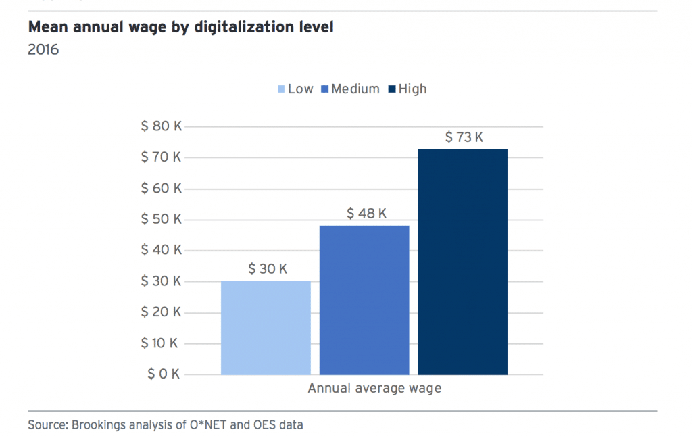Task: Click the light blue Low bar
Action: coord(266,327)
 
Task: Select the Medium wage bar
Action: coord(364,299)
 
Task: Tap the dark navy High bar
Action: coord(463,262)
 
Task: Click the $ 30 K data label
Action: coord(268,269)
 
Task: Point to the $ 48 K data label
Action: coord(366,214)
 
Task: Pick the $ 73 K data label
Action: coord(464,137)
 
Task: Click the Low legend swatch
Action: coord(281,89)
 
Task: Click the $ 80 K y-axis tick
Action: coord(161,126)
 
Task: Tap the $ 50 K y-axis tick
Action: coord(161,219)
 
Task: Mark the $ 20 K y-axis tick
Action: coord(161,312)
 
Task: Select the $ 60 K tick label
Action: coord(161,188)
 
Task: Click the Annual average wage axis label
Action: coord(374,389)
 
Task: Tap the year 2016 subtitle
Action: coord(43,50)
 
